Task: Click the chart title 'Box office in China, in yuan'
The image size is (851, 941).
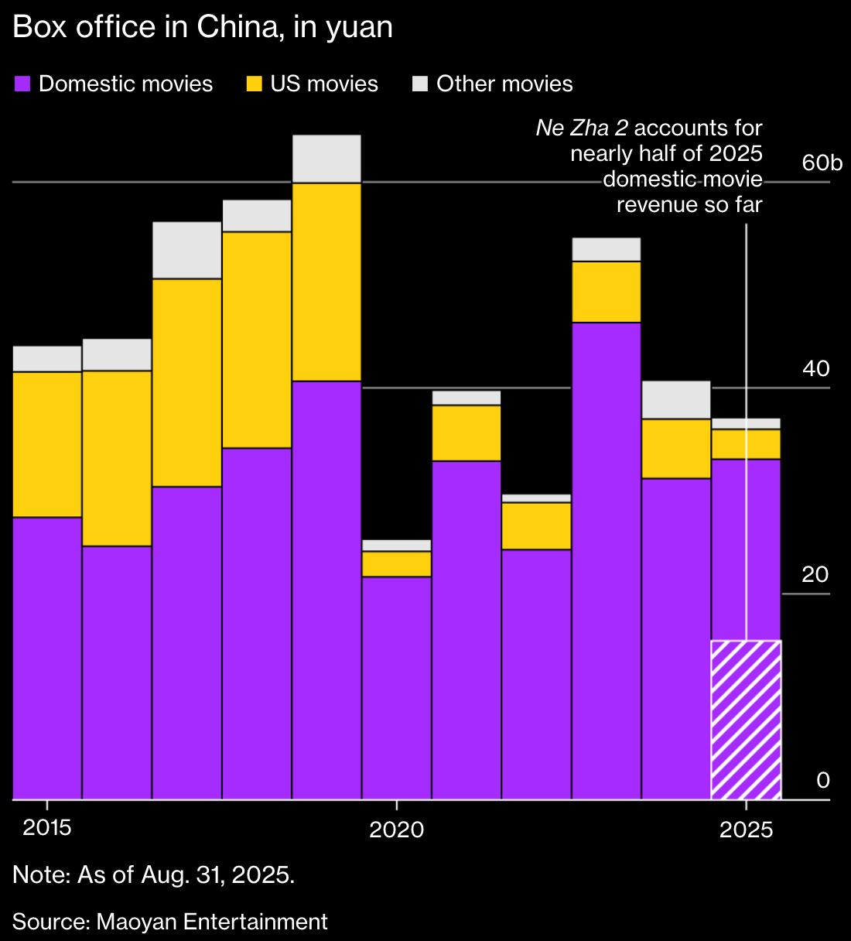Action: tap(203, 28)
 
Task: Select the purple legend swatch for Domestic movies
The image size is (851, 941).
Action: tap(22, 84)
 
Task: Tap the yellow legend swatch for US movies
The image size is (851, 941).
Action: tap(255, 84)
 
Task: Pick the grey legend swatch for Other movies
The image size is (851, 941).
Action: tap(420, 84)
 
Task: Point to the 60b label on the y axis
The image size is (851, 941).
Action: tap(821, 163)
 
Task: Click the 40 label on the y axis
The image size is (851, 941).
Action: tap(815, 369)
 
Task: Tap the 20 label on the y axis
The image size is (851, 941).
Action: tap(815, 575)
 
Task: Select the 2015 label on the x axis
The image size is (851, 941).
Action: tap(47, 828)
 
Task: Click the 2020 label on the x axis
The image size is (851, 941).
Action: tap(396, 830)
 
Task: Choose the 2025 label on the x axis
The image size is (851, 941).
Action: tap(746, 830)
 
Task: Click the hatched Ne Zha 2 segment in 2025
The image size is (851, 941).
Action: tap(746, 720)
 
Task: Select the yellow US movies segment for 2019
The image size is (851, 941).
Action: tap(326, 282)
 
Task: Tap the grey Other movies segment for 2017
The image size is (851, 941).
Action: tap(186, 250)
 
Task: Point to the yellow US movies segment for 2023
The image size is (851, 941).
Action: tap(606, 292)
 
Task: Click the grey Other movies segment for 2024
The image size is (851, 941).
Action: tap(676, 399)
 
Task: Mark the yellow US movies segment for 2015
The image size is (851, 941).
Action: tap(47, 444)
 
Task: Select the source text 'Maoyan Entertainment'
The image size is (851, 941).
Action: tap(212, 922)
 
